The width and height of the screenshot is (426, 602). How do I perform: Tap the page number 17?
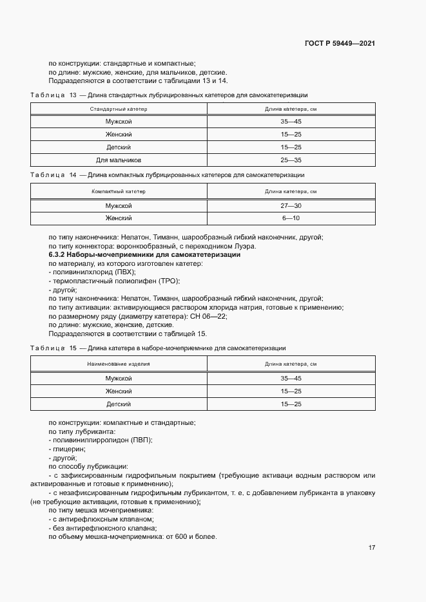[x=371, y=548]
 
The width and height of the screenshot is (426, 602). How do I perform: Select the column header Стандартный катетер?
[x=119, y=109]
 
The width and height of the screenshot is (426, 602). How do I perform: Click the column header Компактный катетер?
[x=119, y=191]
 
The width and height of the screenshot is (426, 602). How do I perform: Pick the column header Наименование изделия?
[x=119, y=364]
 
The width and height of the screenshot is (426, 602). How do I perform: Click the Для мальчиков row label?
[x=119, y=160]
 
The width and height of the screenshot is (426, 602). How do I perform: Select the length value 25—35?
[x=291, y=160]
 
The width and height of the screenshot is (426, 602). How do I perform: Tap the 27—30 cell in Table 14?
[x=291, y=206]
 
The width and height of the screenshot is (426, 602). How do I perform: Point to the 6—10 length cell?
[x=291, y=218]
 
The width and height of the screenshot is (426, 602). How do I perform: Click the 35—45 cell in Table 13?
[x=291, y=122]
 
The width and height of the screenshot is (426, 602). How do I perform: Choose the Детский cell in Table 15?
[x=119, y=404]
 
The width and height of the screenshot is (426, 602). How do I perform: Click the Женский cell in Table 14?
[x=119, y=218]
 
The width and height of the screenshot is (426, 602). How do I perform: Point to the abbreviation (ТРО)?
[x=168, y=281]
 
